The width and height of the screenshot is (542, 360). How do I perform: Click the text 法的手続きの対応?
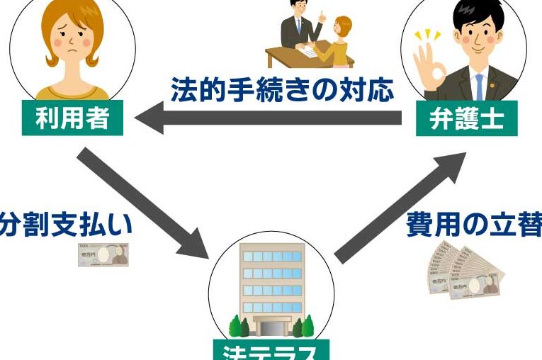point(281,90)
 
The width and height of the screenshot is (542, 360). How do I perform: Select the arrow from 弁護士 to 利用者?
point(269,119)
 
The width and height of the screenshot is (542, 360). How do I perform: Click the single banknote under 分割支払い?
point(103,254)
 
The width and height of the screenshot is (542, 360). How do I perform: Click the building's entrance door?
point(272,327)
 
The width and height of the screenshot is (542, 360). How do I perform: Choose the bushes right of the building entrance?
point(305,327)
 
